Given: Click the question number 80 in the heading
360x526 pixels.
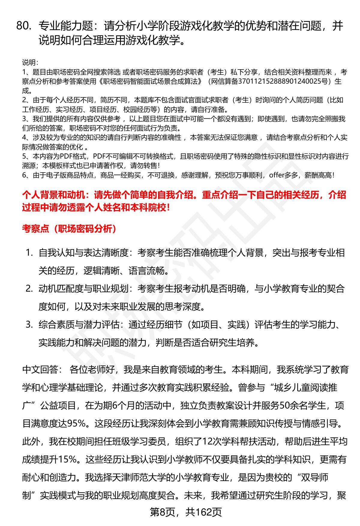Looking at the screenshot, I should (x=24, y=26).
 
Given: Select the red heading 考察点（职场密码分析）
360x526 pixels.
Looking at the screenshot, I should (x=69, y=229).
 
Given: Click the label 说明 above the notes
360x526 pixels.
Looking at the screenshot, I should (x=30, y=63).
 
